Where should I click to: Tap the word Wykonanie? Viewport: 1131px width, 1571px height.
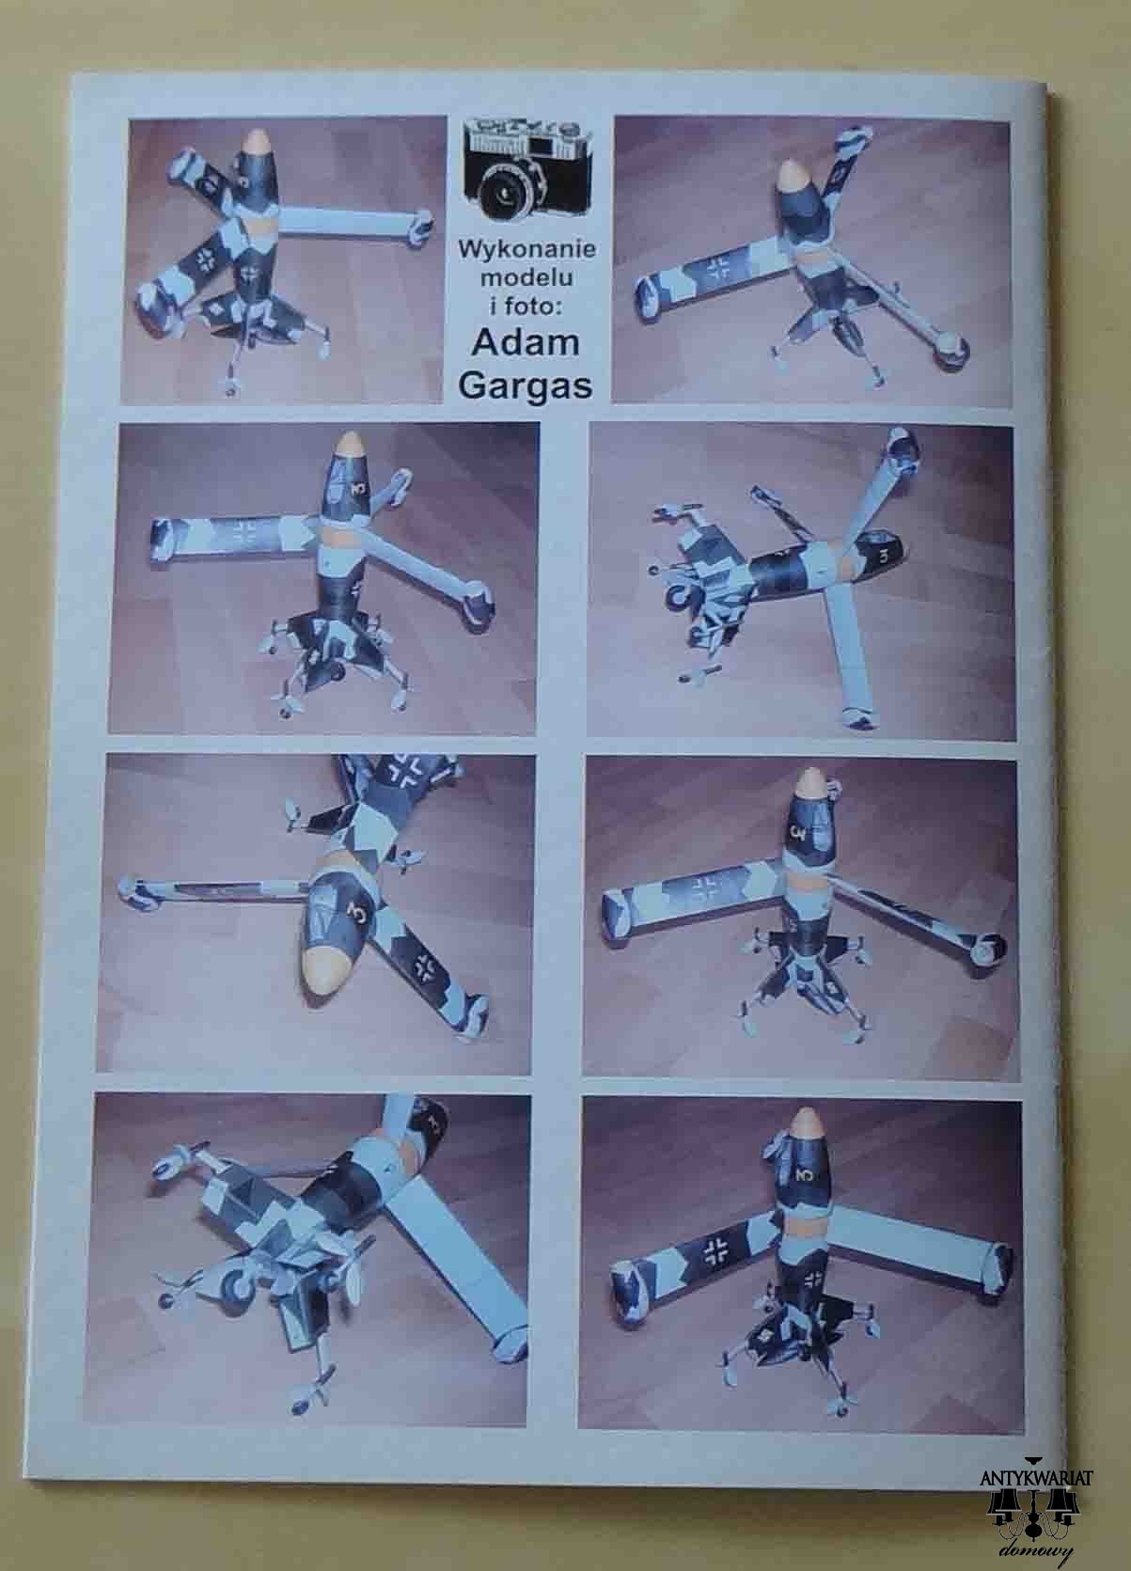[526, 250]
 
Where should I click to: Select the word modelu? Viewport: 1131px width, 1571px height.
[526, 277]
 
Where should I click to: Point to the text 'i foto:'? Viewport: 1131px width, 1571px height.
[526, 306]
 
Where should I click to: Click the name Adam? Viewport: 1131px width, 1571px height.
[526, 343]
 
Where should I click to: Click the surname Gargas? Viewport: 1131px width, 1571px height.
[526, 385]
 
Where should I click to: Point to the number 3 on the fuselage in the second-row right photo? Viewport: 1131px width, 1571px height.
[884, 557]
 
